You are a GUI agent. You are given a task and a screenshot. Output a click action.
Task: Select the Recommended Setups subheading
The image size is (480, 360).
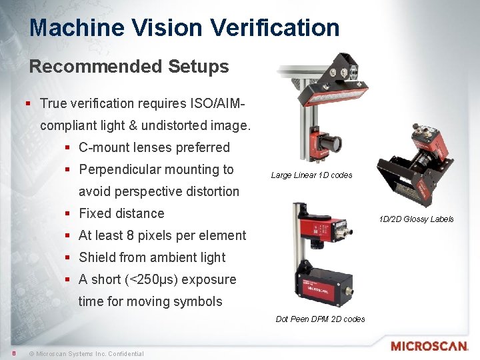(129, 67)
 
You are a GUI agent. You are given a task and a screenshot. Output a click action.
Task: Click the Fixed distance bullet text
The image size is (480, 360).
(121, 213)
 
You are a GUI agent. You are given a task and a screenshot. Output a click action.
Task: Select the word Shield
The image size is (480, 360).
(97, 257)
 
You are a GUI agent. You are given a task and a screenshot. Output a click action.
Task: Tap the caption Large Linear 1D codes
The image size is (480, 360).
(311, 175)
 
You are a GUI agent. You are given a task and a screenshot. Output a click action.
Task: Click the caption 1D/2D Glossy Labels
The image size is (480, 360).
(416, 219)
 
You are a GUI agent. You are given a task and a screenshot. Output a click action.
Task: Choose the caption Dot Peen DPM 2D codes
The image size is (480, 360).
(320, 319)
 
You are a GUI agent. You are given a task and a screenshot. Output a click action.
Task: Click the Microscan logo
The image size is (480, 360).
(429, 346)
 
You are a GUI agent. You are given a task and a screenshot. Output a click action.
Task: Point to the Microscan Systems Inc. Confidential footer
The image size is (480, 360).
(86, 353)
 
